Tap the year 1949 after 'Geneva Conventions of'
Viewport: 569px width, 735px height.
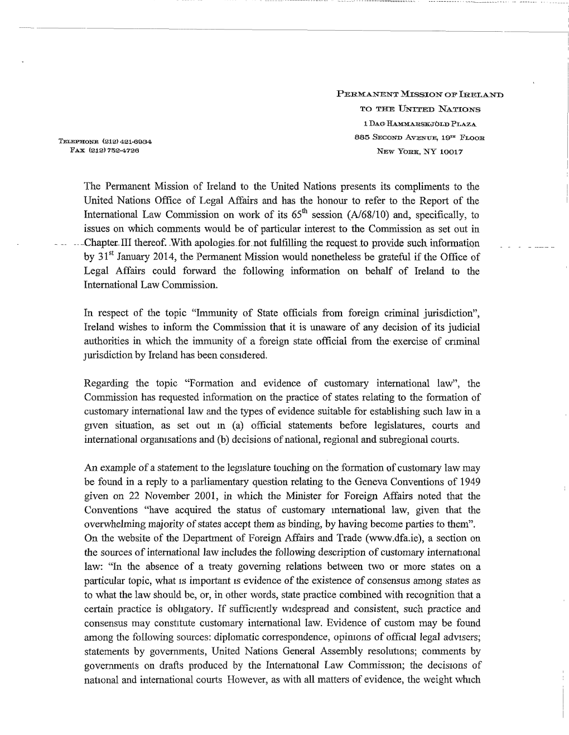point(465,482)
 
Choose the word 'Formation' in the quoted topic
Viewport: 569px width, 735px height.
point(209,384)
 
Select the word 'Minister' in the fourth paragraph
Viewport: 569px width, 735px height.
point(305,496)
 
